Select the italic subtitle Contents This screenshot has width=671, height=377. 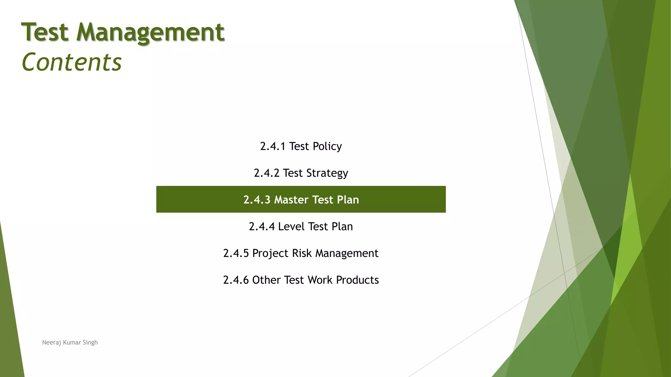(72, 62)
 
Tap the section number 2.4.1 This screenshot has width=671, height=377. (273, 146)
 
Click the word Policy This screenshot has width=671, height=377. (327, 146)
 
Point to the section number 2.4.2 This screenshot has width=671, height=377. (266, 173)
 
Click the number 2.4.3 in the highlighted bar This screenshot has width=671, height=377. (257, 200)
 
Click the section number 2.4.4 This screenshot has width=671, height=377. (261, 226)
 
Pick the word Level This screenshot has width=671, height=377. (291, 226)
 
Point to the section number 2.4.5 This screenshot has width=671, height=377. (236, 253)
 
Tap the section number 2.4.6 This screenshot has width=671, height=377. (236, 280)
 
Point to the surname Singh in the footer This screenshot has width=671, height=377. (90, 343)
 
